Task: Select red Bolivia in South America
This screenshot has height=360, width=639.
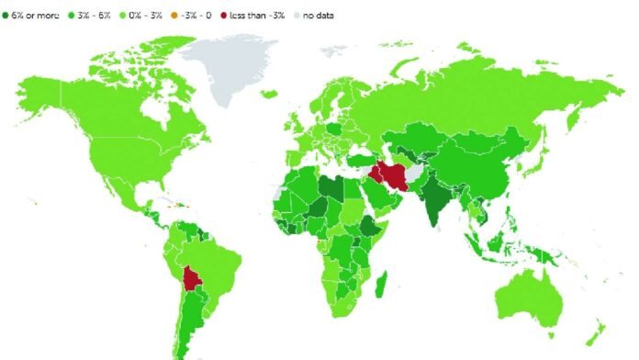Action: [x=192, y=277]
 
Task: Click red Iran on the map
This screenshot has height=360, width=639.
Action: [x=391, y=176]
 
